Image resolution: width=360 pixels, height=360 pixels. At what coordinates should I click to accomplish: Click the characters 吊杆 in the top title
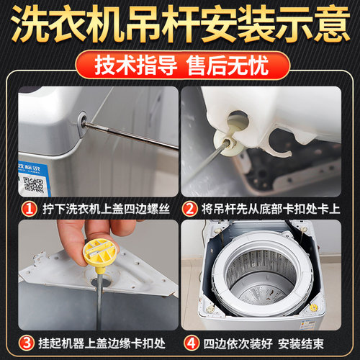click(163, 23)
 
